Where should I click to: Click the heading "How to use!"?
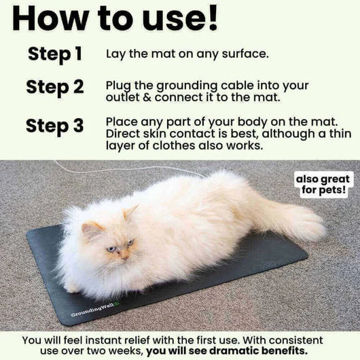click(x=115, y=18)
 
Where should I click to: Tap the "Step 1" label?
click(x=56, y=54)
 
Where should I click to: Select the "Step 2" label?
click(x=55, y=88)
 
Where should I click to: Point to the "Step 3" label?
click(x=55, y=126)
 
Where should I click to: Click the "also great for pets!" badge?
click(x=323, y=184)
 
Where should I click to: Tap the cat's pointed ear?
click(x=130, y=211)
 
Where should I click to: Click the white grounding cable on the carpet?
click(x=136, y=167)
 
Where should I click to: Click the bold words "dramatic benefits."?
click(x=257, y=350)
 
